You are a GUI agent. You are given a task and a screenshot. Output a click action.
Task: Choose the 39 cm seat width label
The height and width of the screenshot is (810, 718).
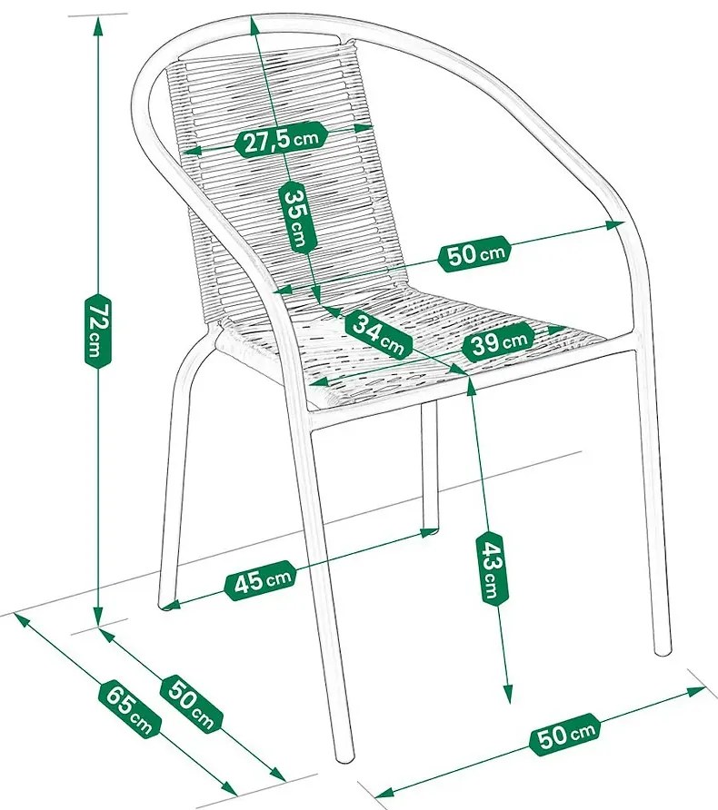click(495, 341)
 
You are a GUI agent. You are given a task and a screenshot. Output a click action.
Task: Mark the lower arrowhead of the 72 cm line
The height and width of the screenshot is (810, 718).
click(97, 623)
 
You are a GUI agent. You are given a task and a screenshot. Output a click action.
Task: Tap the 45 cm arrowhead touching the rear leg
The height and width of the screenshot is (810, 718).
click(431, 530)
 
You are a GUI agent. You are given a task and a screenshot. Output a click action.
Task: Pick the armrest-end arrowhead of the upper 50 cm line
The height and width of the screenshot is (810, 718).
click(622, 223)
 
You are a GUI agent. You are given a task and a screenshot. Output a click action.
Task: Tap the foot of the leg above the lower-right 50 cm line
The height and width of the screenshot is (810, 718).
click(663, 649)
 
